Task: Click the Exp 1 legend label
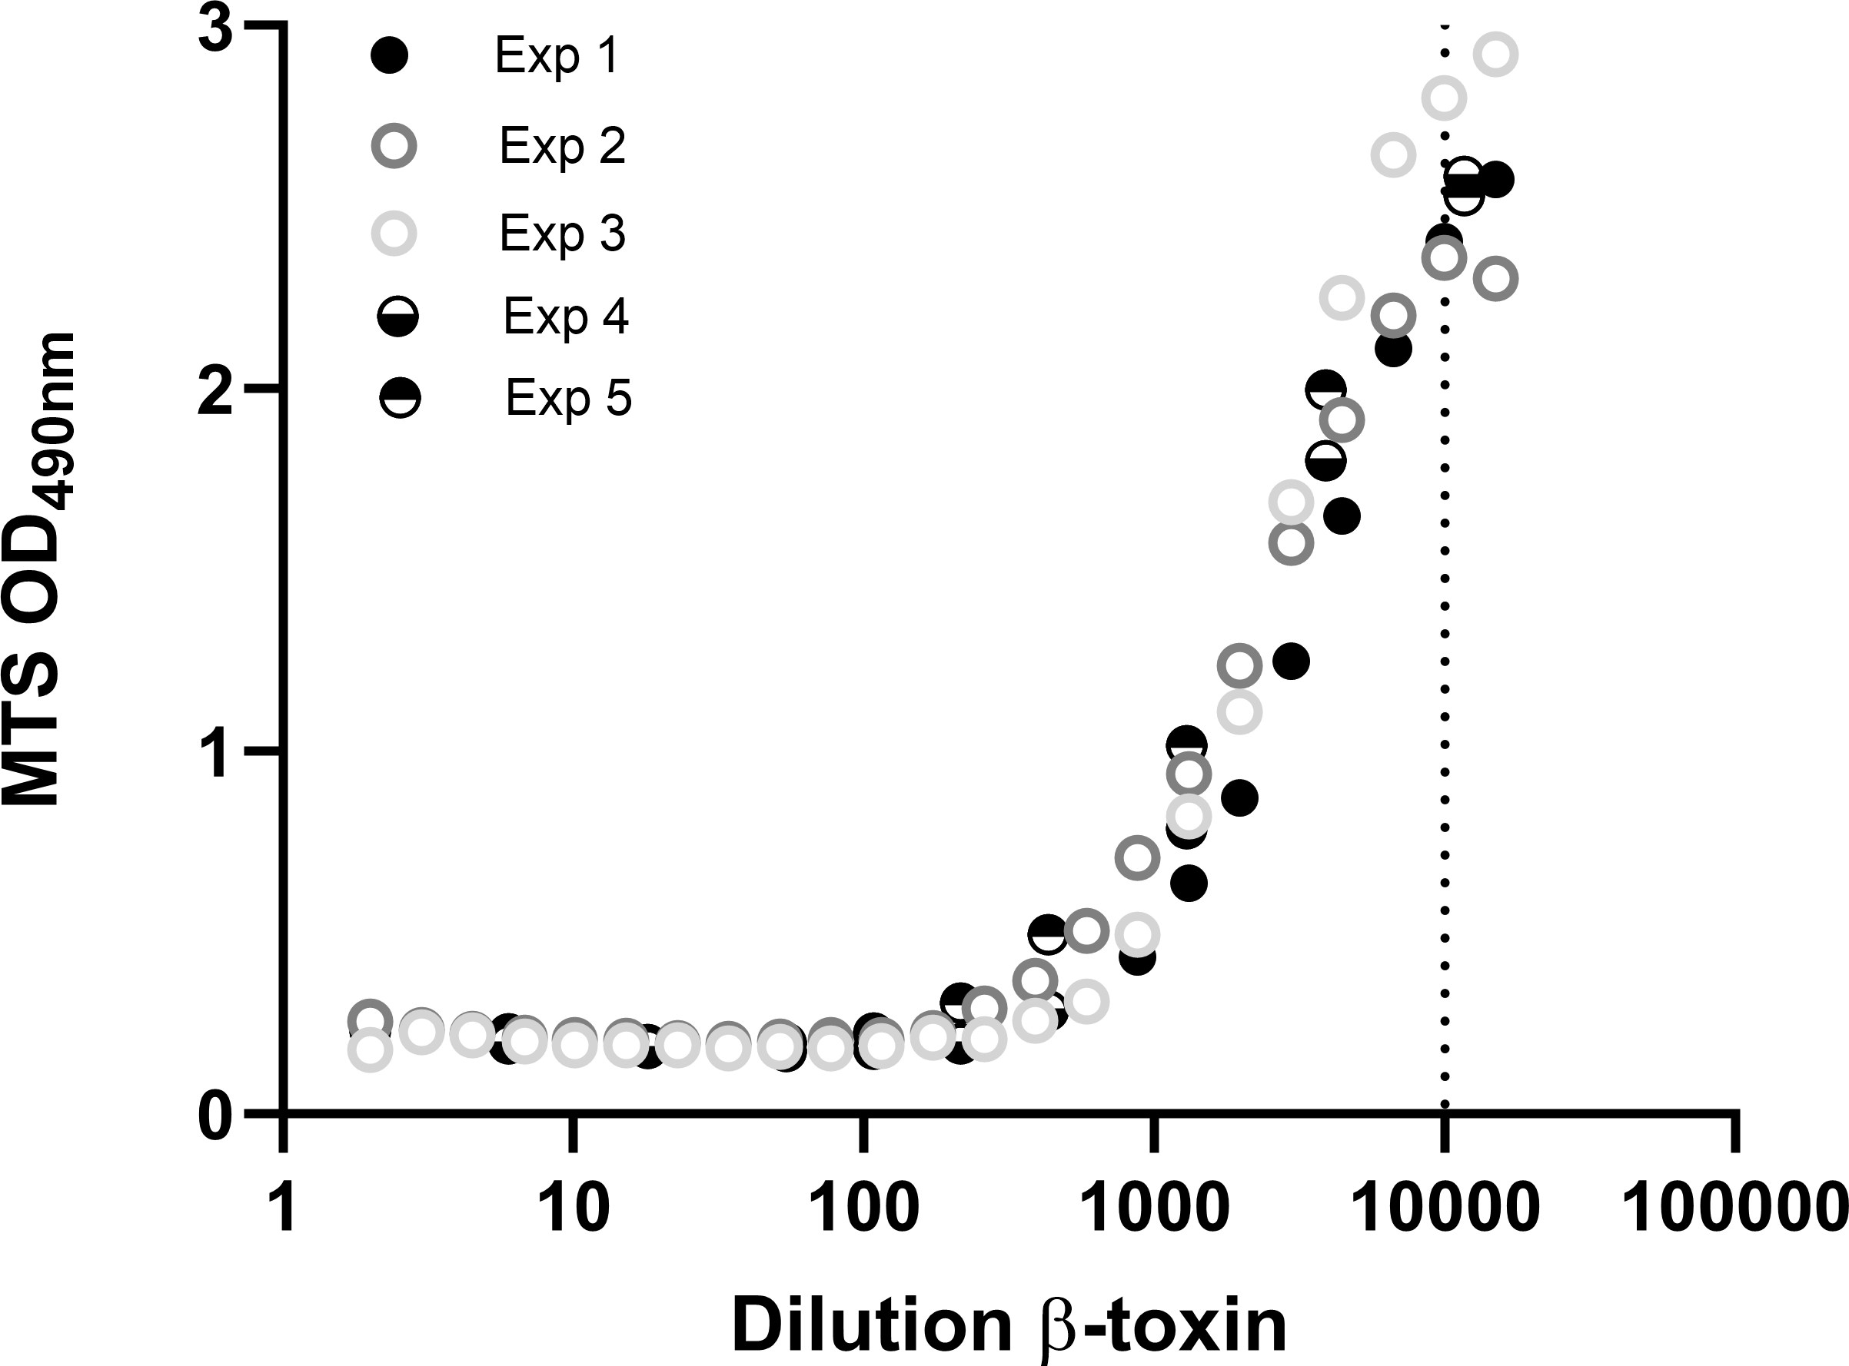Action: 556,56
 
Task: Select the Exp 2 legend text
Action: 562,146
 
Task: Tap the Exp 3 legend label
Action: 562,234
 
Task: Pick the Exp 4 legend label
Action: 566,316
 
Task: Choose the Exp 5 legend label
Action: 568,398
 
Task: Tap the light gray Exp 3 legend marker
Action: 394,234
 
